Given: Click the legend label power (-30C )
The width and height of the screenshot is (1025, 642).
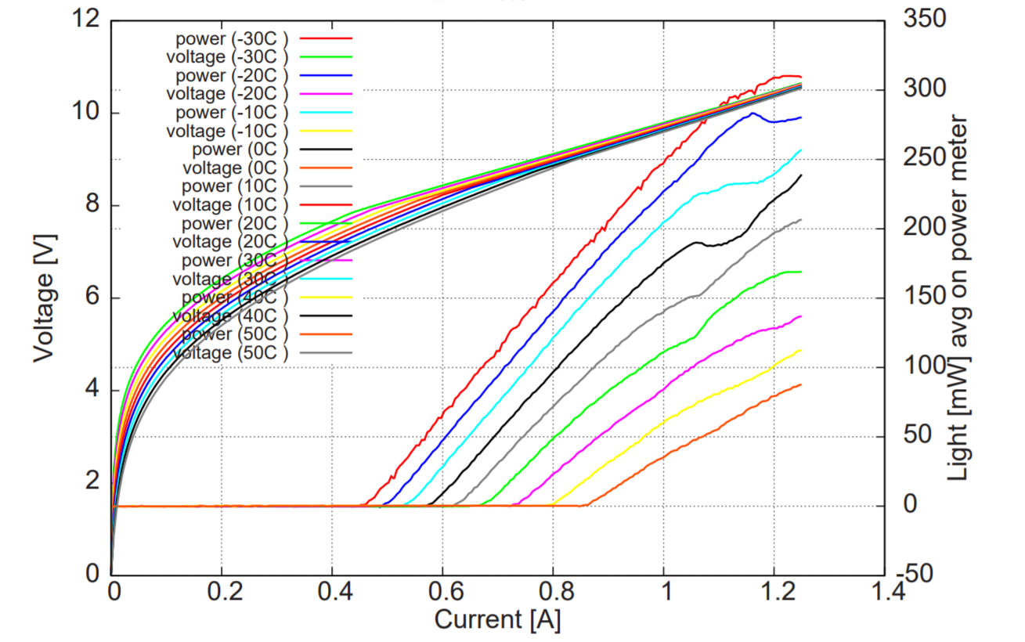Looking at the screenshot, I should [x=232, y=38].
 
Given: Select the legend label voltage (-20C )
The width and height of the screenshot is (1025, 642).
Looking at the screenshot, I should [x=227, y=93].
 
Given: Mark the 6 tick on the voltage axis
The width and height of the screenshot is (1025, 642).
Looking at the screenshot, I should [x=92, y=298].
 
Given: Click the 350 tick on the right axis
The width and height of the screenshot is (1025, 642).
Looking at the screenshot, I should [x=925, y=20].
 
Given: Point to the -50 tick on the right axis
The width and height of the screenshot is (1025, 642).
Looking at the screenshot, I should [x=916, y=574].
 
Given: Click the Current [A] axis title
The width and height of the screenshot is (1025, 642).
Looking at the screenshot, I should [x=497, y=620].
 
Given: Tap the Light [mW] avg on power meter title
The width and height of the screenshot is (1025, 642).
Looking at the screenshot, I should [x=958, y=298].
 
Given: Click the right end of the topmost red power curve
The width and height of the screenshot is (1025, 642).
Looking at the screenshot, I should [x=801, y=77].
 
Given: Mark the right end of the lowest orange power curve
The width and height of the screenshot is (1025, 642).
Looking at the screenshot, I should [x=801, y=384].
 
